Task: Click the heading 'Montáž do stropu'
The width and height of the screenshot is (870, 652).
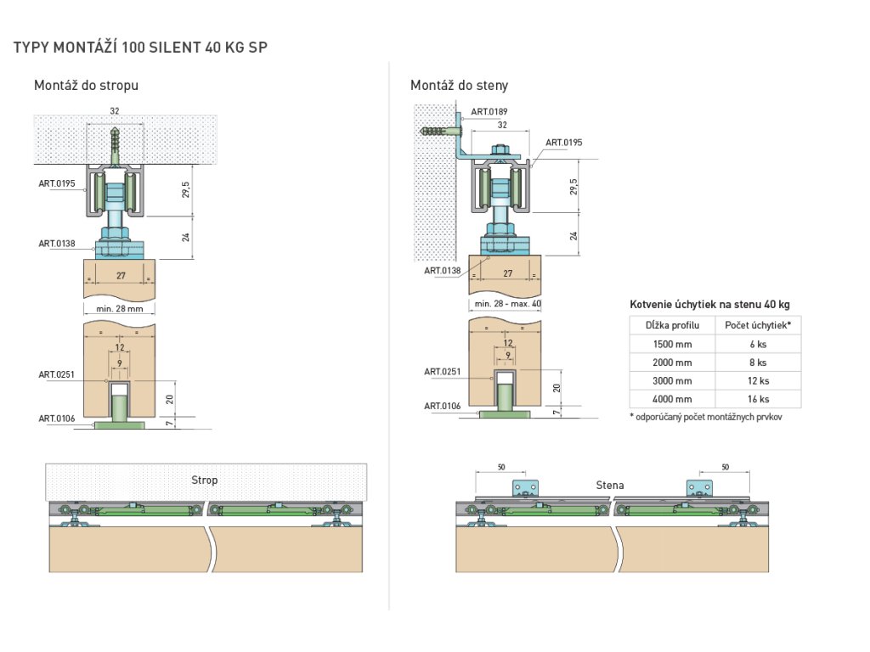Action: click(x=86, y=85)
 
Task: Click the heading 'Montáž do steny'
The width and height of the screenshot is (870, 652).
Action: click(x=459, y=85)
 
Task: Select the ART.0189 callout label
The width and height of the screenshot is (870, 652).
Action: click(x=490, y=111)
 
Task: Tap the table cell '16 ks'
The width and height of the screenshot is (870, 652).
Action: click(x=759, y=399)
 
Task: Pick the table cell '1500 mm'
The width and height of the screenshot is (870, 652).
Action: click(x=672, y=344)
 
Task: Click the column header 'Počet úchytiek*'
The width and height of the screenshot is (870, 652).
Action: click(x=758, y=325)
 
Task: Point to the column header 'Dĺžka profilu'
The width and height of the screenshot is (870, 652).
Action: click(x=672, y=325)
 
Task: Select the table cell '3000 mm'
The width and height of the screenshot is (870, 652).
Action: click(x=672, y=381)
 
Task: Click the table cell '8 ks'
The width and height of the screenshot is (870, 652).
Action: click(x=759, y=363)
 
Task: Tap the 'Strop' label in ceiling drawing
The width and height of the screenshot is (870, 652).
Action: click(x=205, y=480)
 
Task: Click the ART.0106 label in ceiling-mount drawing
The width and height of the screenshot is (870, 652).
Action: click(x=57, y=418)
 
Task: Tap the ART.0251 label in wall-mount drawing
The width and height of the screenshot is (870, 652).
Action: click(x=443, y=371)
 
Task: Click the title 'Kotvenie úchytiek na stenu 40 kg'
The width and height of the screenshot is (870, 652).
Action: click(x=710, y=304)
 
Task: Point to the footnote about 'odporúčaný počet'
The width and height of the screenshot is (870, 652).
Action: click(x=706, y=417)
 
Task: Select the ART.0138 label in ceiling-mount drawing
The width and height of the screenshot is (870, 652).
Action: click(x=57, y=244)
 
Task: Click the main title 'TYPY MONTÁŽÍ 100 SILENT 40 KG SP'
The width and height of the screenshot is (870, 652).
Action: click(x=141, y=48)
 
